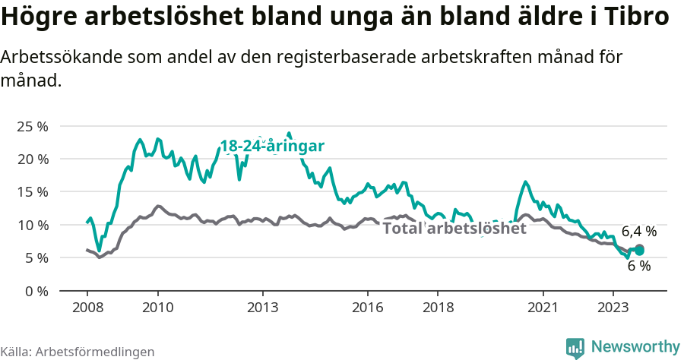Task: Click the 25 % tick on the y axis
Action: tap(32, 126)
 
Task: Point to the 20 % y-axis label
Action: tap(32, 159)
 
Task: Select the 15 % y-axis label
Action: tap(32, 191)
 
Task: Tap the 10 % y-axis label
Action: tap(32, 225)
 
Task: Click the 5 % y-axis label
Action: tap(35, 257)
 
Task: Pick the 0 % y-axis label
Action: tap(35, 291)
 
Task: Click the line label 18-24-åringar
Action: tap(272, 146)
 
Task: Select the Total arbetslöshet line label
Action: tap(454, 228)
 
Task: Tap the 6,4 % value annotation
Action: tap(638, 232)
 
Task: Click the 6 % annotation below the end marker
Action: tap(639, 266)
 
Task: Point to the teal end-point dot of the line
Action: tap(639, 250)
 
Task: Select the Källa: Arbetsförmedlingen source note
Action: tap(78, 352)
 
